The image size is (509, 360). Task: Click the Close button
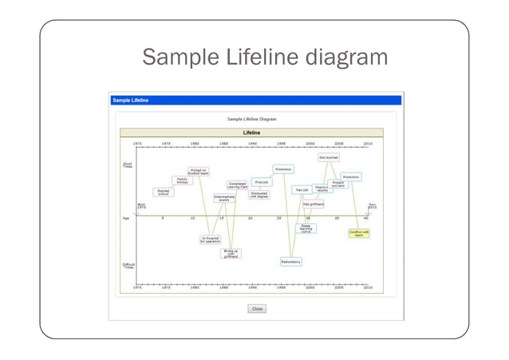256,308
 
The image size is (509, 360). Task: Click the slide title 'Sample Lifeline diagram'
264,58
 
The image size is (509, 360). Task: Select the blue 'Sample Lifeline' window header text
130,101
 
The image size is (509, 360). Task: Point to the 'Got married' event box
329,157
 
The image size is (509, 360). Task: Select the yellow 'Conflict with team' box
360,233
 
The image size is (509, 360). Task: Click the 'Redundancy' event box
290,261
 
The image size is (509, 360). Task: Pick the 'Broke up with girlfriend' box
231,253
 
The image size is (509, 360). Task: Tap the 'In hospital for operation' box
211,239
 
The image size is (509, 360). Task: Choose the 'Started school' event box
163,192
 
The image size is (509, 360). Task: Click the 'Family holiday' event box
183,180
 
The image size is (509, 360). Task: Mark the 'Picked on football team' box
199,171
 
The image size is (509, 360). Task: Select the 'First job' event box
260,182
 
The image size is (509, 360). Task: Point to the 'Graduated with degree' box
258,194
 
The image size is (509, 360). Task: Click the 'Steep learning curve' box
306,227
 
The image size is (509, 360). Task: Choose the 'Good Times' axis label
128,166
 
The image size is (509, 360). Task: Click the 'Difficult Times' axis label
128,265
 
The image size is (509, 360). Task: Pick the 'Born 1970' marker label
141,206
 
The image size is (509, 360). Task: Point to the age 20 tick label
251,218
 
